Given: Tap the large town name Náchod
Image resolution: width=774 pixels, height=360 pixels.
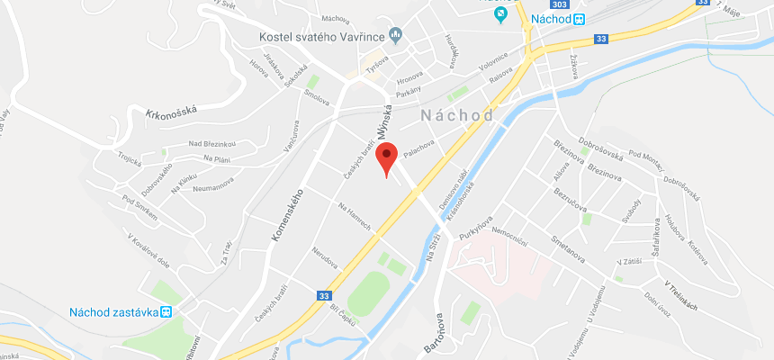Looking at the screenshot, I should coord(457,116).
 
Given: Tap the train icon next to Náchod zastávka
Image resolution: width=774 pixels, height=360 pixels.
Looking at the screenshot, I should coord(166,312).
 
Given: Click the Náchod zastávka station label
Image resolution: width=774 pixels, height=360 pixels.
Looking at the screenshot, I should coord(113,312).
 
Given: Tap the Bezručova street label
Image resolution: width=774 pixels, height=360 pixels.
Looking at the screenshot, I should coord(570,200).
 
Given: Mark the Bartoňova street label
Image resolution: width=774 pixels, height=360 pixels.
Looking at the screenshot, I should coord(432,332).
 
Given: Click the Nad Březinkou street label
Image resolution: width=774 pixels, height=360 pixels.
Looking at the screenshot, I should coord(211,144).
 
